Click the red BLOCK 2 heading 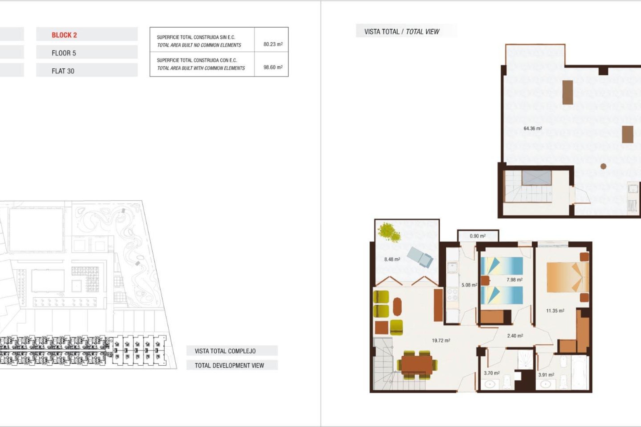64,35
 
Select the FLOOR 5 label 64,53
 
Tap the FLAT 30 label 63,71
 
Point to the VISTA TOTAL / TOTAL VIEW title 402,32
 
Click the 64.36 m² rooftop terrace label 532,128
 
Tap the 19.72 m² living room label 441,341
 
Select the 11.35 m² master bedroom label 555,311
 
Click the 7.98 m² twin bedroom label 514,280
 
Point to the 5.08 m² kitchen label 469,285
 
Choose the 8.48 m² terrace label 392,259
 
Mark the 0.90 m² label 477,236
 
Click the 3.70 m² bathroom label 491,373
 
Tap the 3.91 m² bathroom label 546,375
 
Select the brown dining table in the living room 417,365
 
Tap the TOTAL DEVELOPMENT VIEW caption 229,365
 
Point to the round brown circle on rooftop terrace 603,166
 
